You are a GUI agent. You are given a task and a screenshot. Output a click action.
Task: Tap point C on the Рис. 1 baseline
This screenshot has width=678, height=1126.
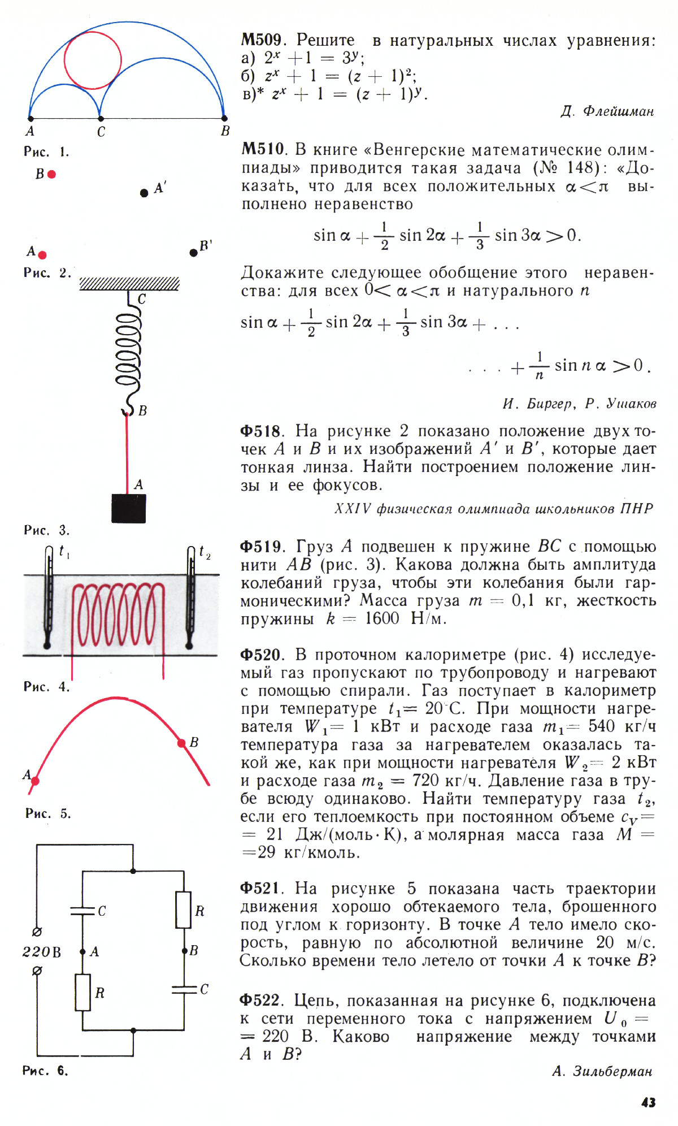point(101,119)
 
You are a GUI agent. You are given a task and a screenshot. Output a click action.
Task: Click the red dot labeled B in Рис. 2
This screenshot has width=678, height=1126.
point(52,175)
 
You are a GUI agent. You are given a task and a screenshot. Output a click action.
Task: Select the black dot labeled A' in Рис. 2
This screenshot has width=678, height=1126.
point(144,193)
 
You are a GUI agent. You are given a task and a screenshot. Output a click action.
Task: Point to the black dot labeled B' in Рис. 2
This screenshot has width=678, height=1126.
point(194,253)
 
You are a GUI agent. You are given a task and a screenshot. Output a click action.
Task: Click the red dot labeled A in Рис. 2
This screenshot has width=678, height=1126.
point(42,255)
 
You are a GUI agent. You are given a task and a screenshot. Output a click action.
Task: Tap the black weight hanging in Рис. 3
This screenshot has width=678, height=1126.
point(129,508)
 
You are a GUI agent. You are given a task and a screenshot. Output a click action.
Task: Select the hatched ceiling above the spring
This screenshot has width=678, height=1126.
point(129,284)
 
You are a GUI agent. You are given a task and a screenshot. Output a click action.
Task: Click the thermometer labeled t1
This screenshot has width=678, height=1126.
point(48,599)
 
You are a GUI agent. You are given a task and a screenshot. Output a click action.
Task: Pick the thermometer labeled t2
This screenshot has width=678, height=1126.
point(190,599)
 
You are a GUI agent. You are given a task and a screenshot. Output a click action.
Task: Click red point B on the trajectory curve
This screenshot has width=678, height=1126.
point(181,743)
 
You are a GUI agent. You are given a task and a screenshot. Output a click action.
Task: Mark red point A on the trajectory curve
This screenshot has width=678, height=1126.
point(35,781)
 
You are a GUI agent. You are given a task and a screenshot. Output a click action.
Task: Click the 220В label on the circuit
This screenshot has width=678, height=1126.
point(41,952)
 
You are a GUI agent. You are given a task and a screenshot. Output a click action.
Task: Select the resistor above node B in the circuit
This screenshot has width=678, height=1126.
point(183,910)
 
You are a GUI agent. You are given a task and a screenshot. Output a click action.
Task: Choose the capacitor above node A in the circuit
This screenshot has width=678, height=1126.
point(82,911)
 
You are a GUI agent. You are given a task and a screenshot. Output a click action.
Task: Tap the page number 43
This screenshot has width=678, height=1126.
point(649,1102)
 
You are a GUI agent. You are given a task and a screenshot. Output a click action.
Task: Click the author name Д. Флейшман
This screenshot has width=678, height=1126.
point(607,111)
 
